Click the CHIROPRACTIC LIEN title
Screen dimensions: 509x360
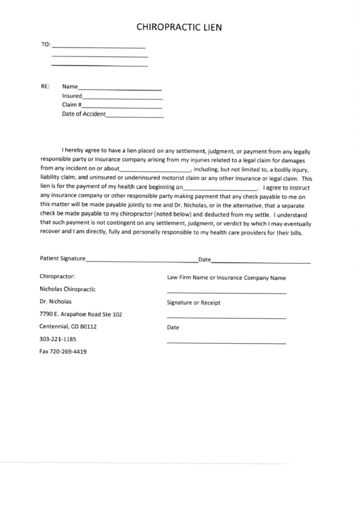tap(179, 28)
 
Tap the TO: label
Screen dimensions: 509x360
tap(46, 46)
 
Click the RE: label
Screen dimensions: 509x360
tap(46, 87)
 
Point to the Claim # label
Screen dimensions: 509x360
tap(72, 105)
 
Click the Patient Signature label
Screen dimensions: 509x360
tap(62, 259)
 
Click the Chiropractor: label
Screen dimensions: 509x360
tap(57, 277)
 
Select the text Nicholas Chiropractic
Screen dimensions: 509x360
tap(67, 289)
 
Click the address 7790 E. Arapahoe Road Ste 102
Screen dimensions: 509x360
tap(81, 314)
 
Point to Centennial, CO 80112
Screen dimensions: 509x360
tap(68, 326)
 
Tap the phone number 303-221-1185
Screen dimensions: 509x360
tap(58, 338)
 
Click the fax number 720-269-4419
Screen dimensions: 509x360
tap(63, 351)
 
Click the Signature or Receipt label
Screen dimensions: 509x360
tap(194, 302)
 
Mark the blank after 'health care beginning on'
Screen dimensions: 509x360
tap(221, 188)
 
